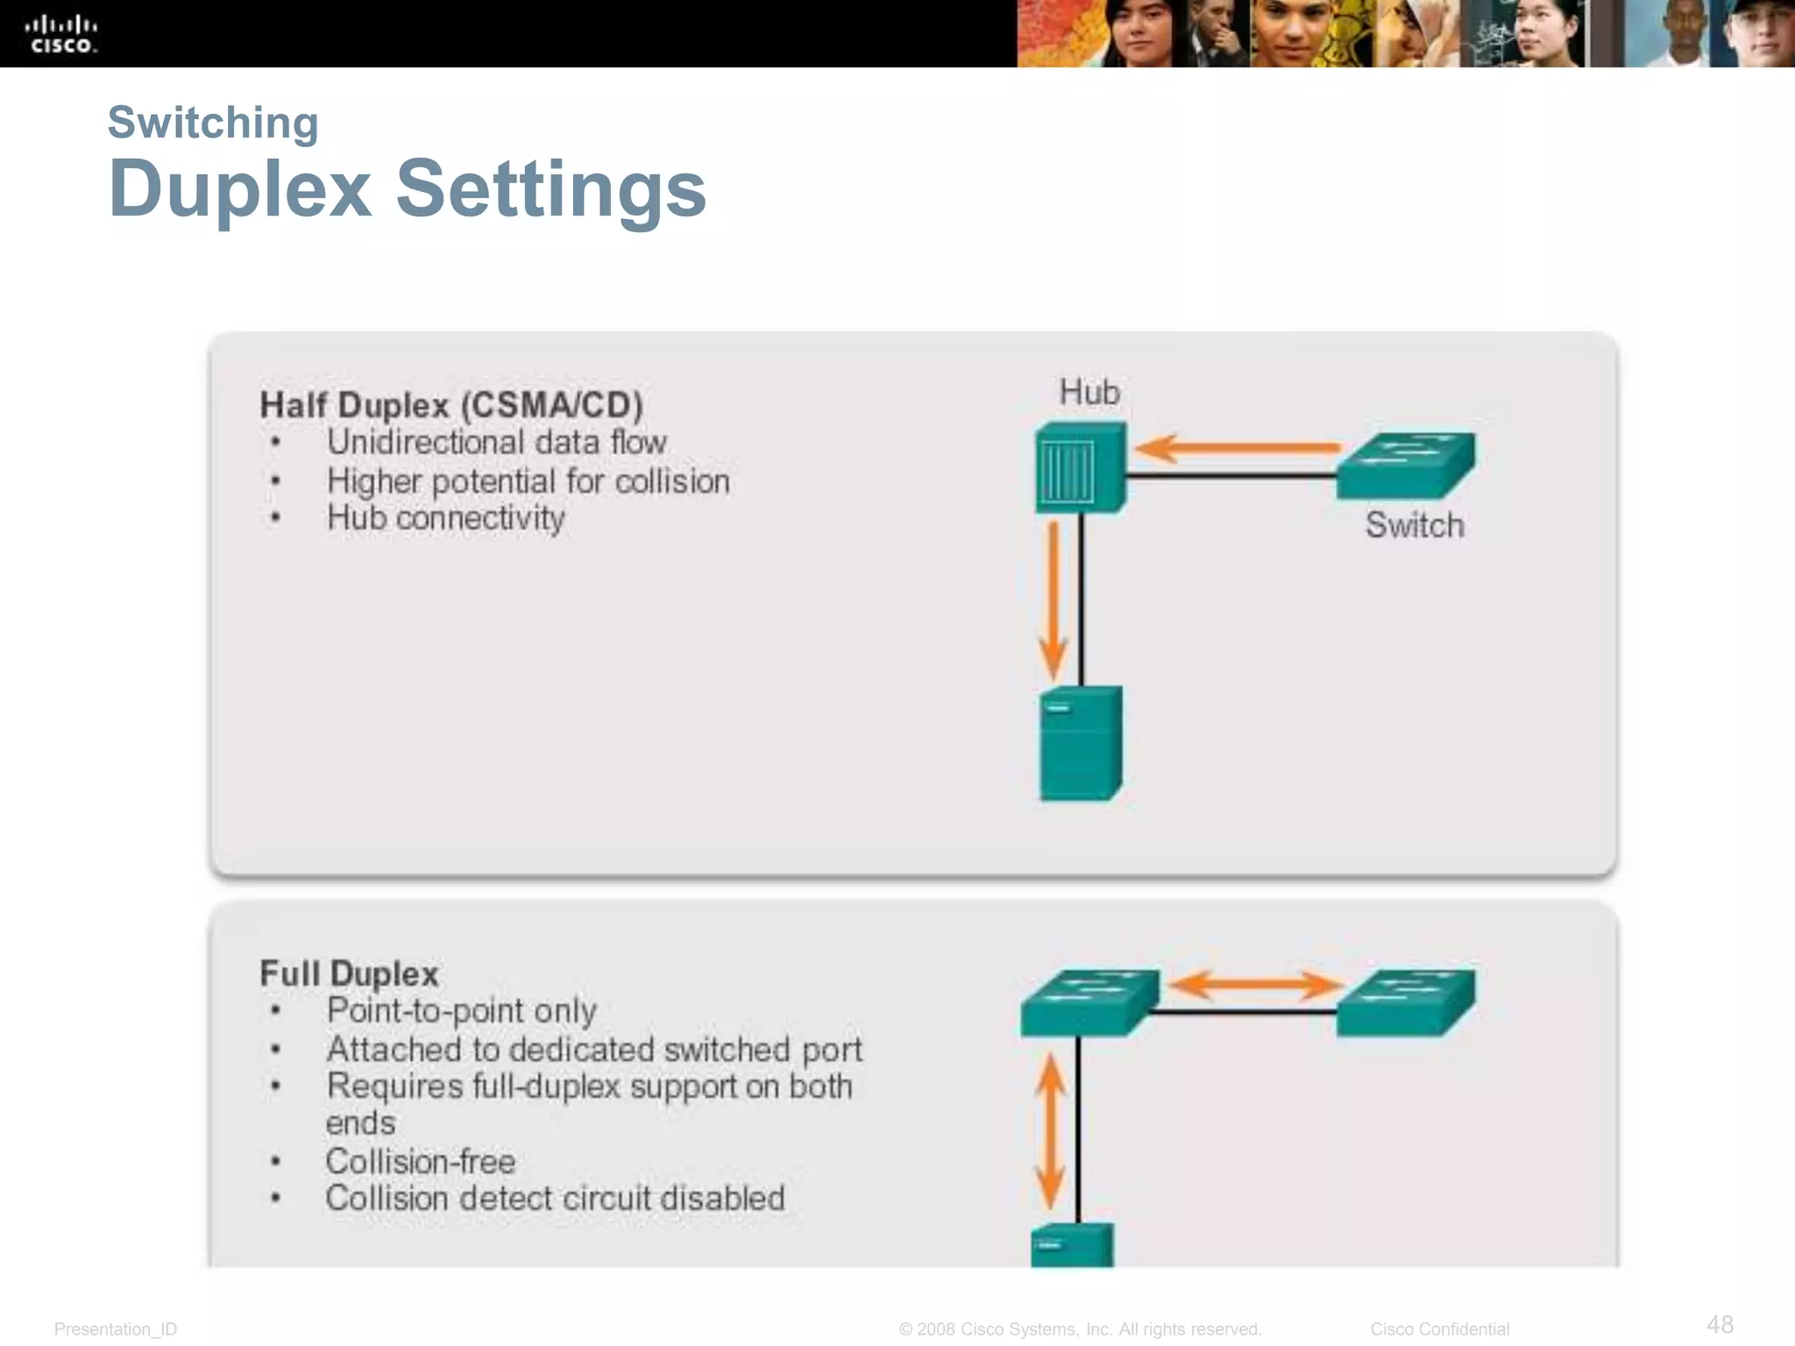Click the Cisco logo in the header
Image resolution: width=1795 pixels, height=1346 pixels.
click(x=60, y=34)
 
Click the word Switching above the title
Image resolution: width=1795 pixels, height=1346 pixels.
click(x=213, y=122)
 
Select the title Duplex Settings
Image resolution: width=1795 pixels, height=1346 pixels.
click(x=408, y=188)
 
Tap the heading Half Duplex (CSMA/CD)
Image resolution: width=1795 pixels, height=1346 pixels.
click(x=451, y=405)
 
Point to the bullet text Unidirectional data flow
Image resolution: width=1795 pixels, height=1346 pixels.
click(x=497, y=443)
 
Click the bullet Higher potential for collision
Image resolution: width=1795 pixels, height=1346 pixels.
click(x=528, y=481)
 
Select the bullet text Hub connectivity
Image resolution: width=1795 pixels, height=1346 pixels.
click(x=445, y=518)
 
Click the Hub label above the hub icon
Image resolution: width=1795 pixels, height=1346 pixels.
click(x=1089, y=392)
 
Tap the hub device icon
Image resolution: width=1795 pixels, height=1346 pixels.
click(x=1080, y=467)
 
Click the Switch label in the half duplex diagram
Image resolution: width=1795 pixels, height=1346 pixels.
click(x=1415, y=525)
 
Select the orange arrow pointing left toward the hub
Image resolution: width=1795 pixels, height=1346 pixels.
click(x=1237, y=449)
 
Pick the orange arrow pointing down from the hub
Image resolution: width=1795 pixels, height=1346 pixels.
click(x=1053, y=599)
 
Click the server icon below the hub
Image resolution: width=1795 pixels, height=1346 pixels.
click(x=1081, y=743)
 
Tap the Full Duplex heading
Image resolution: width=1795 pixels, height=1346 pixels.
click(x=349, y=974)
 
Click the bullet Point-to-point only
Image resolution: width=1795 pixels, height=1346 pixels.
click(x=461, y=1010)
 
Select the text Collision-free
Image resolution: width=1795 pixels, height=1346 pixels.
click(x=421, y=1161)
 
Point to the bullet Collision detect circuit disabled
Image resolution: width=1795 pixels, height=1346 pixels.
click(x=555, y=1198)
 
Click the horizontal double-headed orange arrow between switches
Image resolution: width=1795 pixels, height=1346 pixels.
click(x=1255, y=984)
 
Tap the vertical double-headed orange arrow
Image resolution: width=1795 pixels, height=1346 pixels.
click(x=1050, y=1130)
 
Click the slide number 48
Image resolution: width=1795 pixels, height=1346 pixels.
click(x=1720, y=1324)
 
